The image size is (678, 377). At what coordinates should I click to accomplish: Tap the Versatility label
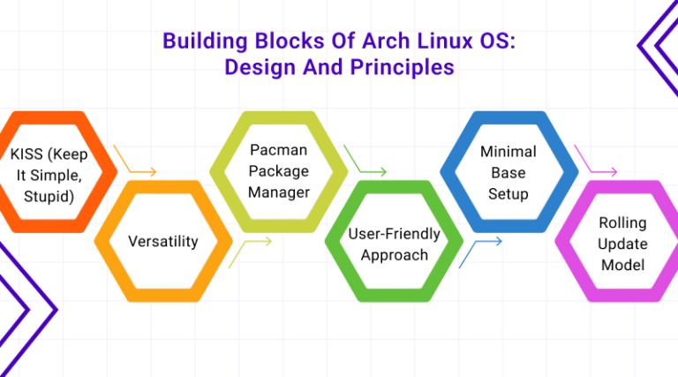pos(163,240)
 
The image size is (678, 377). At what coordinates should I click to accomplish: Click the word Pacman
pos(278,150)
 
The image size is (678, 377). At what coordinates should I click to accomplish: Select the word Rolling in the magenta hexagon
pos(623,223)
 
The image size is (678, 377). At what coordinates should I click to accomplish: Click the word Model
pos(623,263)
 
